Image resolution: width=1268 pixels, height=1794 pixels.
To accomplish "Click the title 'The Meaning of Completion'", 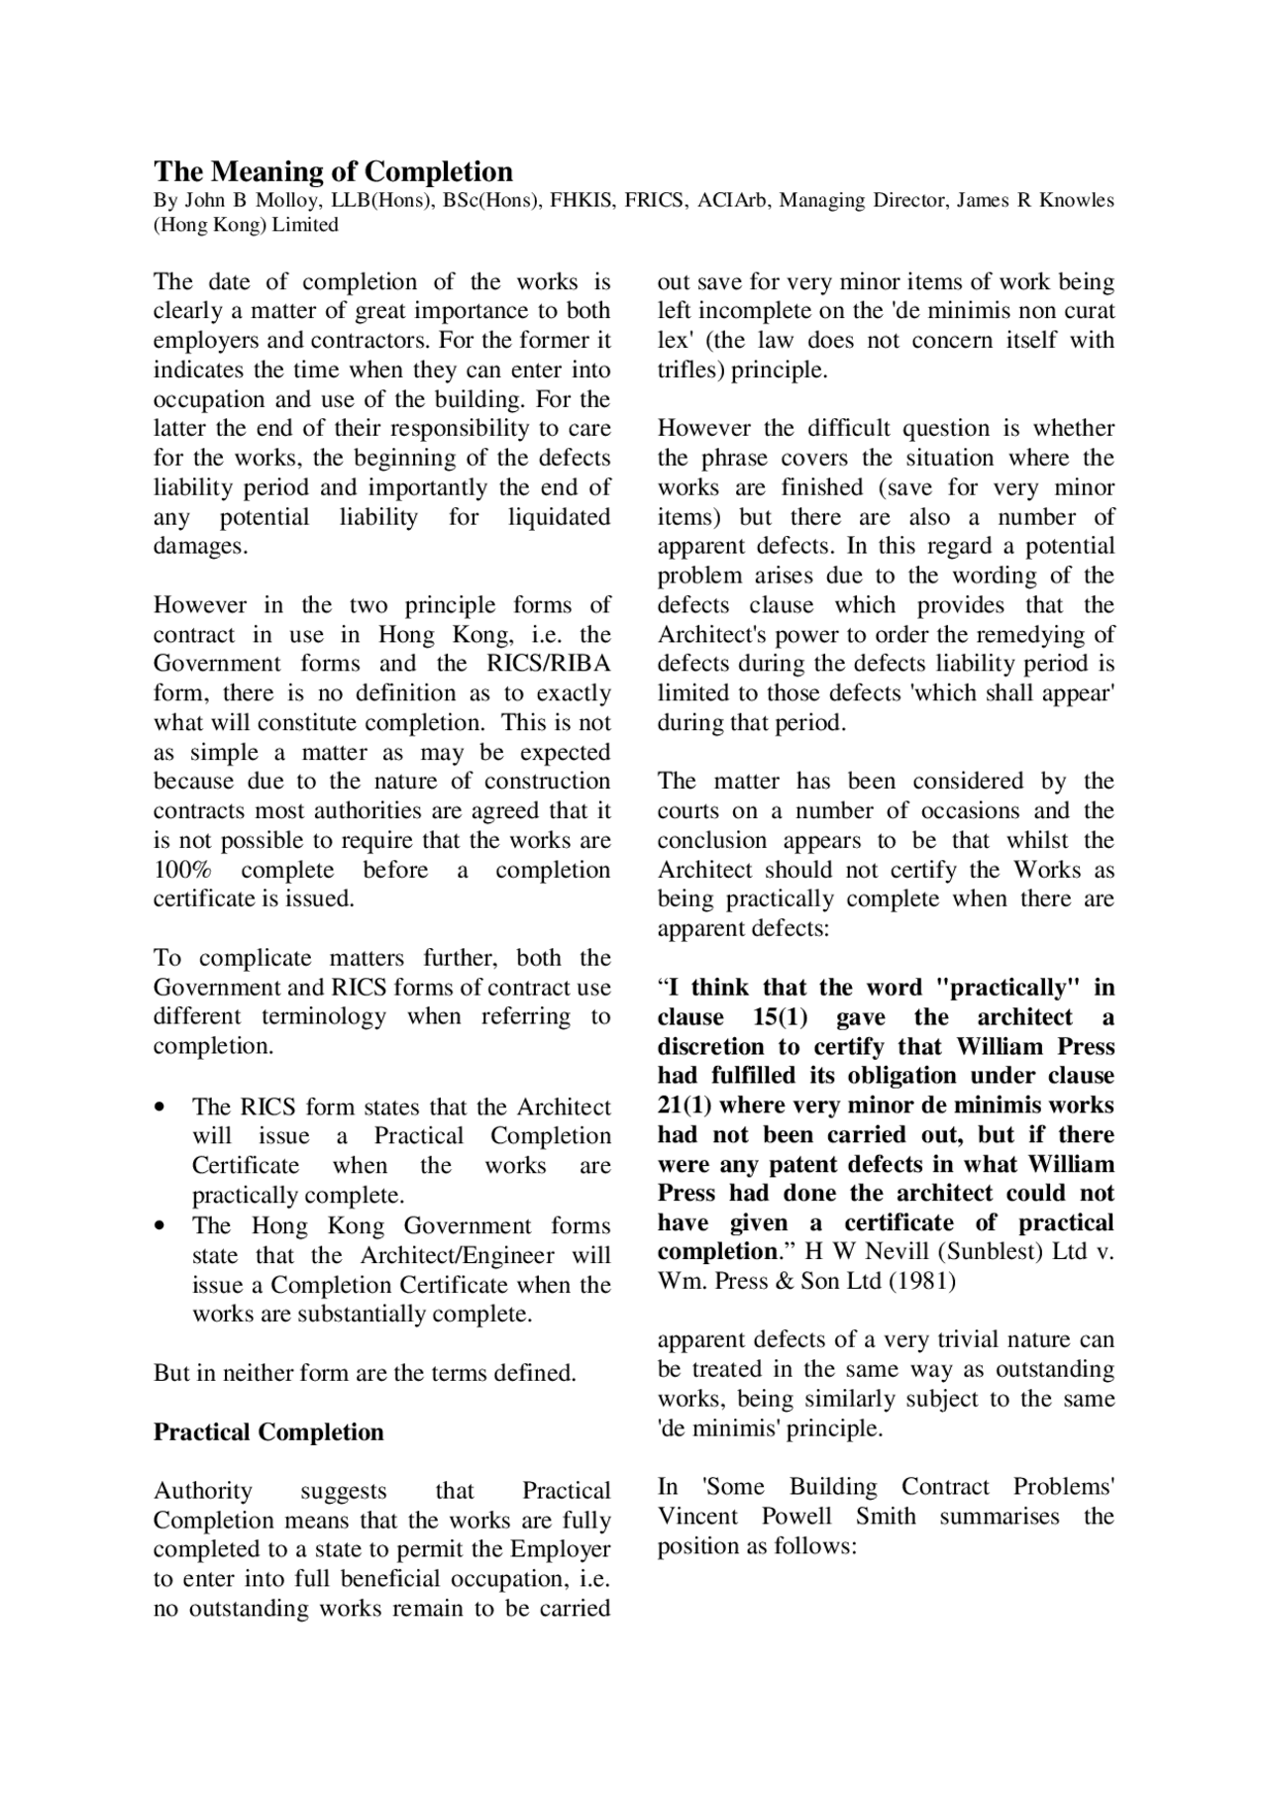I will [333, 171].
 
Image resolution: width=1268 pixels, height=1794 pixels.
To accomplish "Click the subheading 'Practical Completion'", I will [268, 1432].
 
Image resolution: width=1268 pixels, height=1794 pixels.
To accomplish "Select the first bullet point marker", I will [159, 1108].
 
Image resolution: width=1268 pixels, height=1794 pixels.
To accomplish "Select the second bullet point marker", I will [159, 1226].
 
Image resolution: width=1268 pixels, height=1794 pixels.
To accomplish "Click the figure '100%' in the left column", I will [179, 870].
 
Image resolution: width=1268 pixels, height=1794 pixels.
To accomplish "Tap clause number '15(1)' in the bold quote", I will [780, 1017].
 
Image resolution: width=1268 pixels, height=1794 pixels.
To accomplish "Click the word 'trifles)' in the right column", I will [690, 370].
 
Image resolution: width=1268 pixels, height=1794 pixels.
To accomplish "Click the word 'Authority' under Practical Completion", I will [203, 1491].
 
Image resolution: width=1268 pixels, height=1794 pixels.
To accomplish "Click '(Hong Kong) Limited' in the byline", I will [246, 225].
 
